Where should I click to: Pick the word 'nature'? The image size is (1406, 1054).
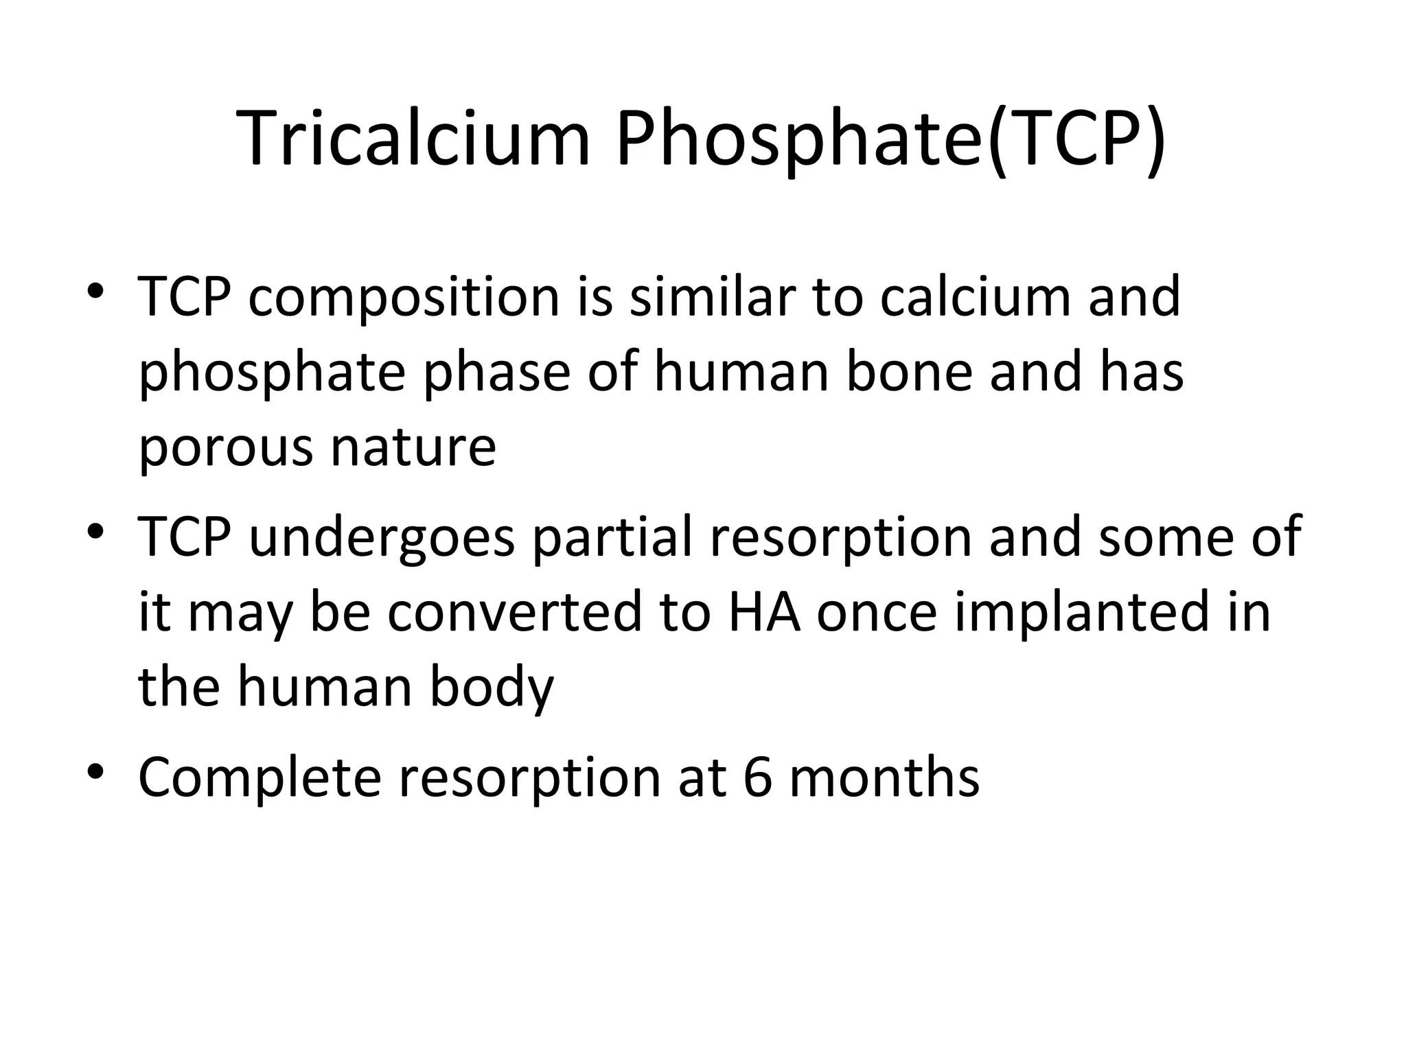(x=413, y=447)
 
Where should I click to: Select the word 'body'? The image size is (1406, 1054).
(x=491, y=689)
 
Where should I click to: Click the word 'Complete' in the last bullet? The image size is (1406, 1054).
(x=260, y=780)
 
